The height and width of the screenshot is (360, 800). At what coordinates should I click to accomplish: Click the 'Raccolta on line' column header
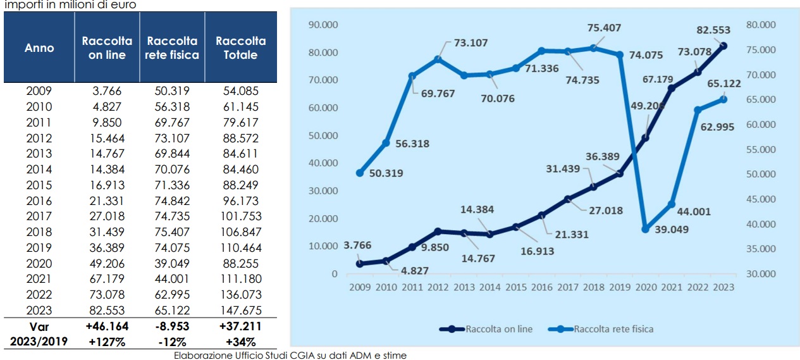pyautogui.click(x=107, y=47)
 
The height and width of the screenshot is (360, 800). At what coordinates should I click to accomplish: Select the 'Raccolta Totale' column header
pyautogui.click(x=240, y=47)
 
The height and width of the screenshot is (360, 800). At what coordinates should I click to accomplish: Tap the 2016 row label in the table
pyautogui.click(x=39, y=201)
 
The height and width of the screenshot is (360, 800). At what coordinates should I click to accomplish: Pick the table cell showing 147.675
pyautogui.click(x=240, y=310)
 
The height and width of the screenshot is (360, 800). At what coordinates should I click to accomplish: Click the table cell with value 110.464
pyautogui.click(x=240, y=247)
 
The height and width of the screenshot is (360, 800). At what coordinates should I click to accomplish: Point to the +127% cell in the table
pyautogui.click(x=107, y=342)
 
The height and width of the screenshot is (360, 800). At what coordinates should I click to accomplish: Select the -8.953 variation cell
pyautogui.click(x=173, y=327)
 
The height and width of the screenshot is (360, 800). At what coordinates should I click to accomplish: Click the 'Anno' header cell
pyautogui.click(x=39, y=47)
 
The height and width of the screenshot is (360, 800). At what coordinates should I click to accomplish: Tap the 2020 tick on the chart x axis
pyautogui.click(x=645, y=288)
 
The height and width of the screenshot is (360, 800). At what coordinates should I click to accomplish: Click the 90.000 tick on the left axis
pyautogui.click(x=323, y=25)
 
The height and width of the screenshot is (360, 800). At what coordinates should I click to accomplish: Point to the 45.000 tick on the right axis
pyautogui.click(x=760, y=199)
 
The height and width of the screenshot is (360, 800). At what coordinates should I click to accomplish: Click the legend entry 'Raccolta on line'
pyautogui.click(x=499, y=329)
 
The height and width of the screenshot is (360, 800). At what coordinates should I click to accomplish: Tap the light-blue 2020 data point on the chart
pyautogui.click(x=645, y=229)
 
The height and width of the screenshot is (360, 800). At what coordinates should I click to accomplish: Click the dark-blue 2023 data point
pyautogui.click(x=723, y=46)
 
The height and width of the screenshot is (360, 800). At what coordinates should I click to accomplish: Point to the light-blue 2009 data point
pyautogui.click(x=359, y=173)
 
